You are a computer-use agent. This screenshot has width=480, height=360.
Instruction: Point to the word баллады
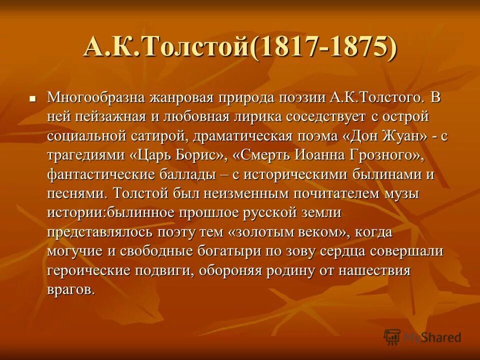[x=180, y=174]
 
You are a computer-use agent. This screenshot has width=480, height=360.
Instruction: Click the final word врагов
[x=71, y=290]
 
